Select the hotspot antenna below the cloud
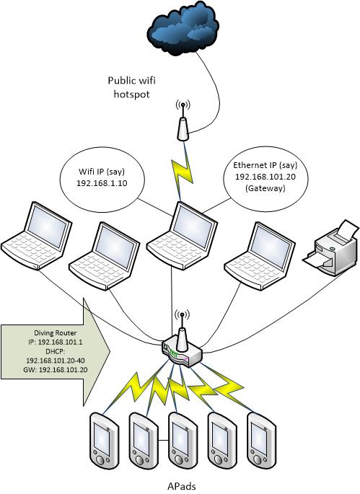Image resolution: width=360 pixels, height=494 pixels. tap(183, 123)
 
